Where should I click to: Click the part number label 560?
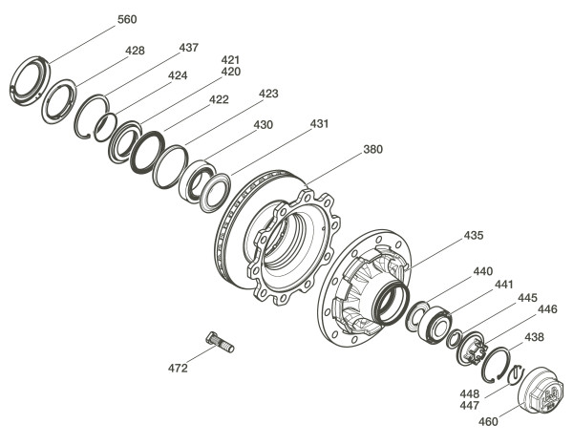[127, 19]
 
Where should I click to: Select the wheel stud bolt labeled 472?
[220, 342]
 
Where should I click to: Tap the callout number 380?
[373, 149]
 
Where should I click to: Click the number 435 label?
[474, 236]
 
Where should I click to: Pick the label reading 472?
[178, 369]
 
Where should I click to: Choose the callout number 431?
[319, 124]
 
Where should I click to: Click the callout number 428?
[135, 51]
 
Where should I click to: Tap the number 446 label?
[547, 309]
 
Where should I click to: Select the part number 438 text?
[534, 337]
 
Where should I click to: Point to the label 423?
[268, 94]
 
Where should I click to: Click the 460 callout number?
[488, 422]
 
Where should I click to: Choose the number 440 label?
[483, 271]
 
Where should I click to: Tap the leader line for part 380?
[334, 169]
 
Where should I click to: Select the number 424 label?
[178, 75]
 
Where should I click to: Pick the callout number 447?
[470, 406]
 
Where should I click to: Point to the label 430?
[264, 125]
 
